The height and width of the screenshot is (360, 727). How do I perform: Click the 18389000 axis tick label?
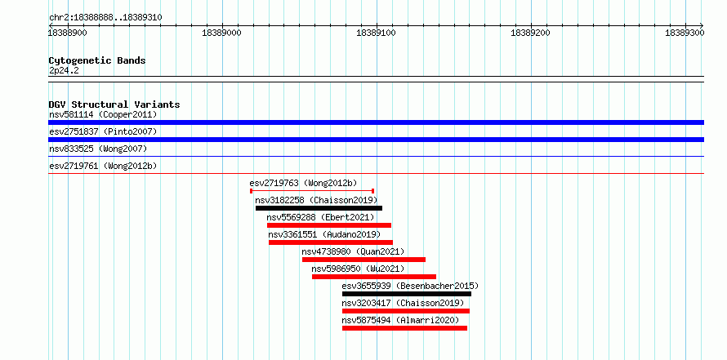pos(222,33)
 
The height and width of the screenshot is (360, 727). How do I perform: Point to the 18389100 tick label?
pos(377,33)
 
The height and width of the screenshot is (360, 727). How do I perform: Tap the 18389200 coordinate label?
pos(530,33)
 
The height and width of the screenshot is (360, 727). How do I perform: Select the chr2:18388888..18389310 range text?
pos(105,18)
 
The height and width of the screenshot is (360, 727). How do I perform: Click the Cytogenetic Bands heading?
pos(97,60)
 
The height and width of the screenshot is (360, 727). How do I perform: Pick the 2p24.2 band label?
pos(64,70)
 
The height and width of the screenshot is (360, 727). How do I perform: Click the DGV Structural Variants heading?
pos(114,104)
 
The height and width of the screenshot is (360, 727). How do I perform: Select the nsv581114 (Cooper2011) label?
pos(103,114)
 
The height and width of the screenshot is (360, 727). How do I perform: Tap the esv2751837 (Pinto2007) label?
pos(103,131)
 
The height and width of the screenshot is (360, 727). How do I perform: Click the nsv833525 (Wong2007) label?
pos(98,149)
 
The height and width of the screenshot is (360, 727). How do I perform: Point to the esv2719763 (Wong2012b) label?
pos(303,183)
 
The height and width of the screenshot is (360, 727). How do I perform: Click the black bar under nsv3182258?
pos(319,208)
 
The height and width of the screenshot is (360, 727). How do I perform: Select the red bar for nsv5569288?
pos(329,225)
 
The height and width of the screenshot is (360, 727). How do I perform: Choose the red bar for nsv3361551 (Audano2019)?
pos(331,242)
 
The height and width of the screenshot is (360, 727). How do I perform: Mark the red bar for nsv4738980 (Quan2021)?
pos(364,260)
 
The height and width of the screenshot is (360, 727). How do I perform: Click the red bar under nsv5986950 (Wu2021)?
pos(374,277)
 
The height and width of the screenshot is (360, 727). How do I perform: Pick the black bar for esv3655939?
pos(407,294)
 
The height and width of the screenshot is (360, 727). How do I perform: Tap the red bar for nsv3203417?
pos(406,311)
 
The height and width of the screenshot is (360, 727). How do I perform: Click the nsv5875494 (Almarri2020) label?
pos(400,320)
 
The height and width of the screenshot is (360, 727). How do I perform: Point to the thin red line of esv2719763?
pos(312,190)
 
